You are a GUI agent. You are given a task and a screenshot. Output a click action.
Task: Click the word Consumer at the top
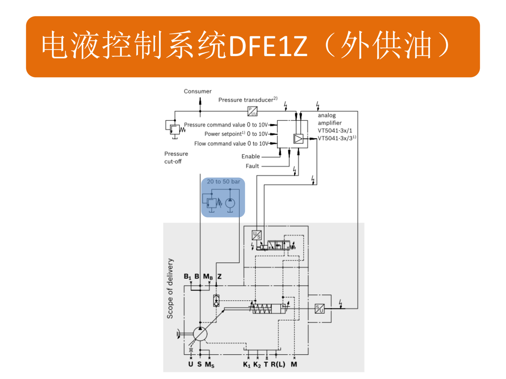tap(197, 91)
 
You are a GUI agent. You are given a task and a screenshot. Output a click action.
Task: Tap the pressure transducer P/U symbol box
tap(252, 111)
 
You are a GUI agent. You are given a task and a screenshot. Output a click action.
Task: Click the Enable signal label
tap(250, 156)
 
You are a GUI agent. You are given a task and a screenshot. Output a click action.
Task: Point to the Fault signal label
tap(252, 166)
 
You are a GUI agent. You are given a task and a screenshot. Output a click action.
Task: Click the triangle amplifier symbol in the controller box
tap(298, 139)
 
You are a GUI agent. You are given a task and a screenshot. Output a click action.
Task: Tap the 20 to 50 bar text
tap(223, 182)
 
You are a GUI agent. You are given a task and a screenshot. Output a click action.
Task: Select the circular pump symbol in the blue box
tap(230, 203)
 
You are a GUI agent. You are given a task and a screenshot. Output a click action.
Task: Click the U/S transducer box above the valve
tap(256, 235)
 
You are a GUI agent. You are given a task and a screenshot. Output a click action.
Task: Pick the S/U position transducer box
tap(320, 308)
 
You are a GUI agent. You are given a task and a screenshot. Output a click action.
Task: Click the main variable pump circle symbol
tap(200, 334)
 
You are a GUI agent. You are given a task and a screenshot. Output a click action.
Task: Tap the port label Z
tap(220, 276)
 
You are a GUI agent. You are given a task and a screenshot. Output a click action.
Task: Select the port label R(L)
tap(278, 364)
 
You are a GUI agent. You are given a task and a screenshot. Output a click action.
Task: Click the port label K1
tap(246, 365)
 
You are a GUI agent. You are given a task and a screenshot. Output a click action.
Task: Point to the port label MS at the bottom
tap(210, 365)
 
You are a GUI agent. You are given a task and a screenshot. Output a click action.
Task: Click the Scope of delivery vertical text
tap(170, 288)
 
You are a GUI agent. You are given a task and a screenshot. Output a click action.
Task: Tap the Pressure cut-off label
tap(176, 157)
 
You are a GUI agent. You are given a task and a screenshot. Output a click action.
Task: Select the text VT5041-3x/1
tap(335, 131)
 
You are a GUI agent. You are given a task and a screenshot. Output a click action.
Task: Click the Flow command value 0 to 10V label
tap(231, 143)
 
